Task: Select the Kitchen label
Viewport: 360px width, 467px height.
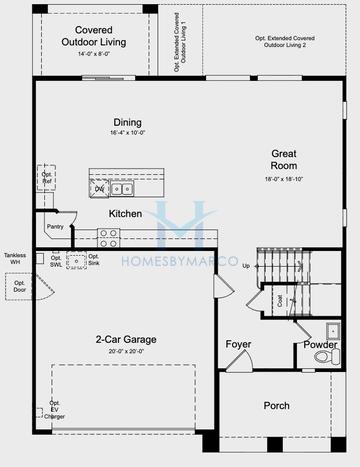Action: pyautogui.click(x=125, y=214)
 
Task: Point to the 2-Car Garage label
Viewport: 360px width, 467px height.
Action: pyautogui.click(x=126, y=339)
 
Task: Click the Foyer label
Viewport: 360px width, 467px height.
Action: pyautogui.click(x=238, y=345)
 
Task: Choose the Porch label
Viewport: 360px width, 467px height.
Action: pyautogui.click(x=276, y=406)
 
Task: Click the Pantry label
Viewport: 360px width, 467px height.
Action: pyautogui.click(x=54, y=227)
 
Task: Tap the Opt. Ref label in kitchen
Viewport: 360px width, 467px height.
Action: pyautogui.click(x=46, y=178)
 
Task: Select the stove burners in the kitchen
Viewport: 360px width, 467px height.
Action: pyautogui.click(x=108, y=237)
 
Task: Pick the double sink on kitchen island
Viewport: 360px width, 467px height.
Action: pyautogui.click(x=120, y=188)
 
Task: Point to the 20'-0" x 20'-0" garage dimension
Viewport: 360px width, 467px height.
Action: pyautogui.click(x=126, y=352)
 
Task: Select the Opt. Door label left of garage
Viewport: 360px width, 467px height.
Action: pyautogui.click(x=19, y=286)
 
